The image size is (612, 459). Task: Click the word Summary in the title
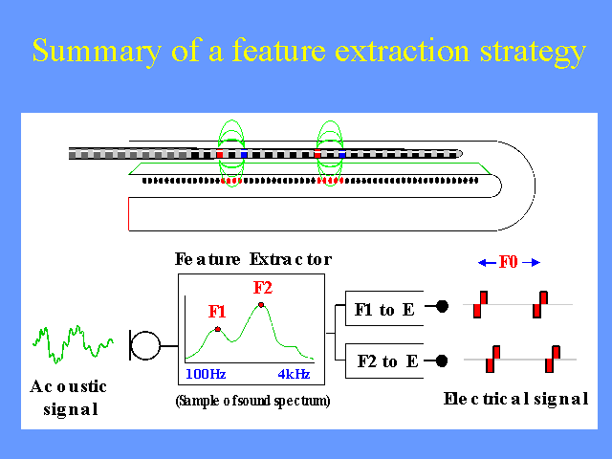tap(97, 52)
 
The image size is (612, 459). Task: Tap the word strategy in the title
tap(533, 53)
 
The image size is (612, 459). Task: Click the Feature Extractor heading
tap(253, 259)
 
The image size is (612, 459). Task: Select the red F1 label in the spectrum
tap(217, 312)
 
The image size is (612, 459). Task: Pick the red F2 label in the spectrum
tap(263, 288)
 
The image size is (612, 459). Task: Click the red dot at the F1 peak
tap(218, 329)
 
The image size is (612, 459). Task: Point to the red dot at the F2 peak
tap(261, 305)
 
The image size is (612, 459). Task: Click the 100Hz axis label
tap(206, 374)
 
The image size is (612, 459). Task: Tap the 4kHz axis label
tap(294, 374)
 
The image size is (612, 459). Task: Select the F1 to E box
tap(384, 308)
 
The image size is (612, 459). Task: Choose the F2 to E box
tap(384, 361)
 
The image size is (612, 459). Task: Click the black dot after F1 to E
tap(442, 306)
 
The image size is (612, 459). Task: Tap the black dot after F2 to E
tap(442, 361)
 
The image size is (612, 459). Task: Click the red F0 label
tap(508, 262)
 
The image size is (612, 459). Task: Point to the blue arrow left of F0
tap(487, 263)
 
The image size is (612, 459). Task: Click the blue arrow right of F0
tap(532, 263)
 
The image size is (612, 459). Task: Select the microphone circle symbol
tap(145, 345)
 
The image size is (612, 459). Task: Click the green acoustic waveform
tap(73, 344)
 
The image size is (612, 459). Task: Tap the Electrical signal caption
tap(516, 399)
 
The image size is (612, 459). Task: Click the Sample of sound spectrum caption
tap(252, 401)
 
